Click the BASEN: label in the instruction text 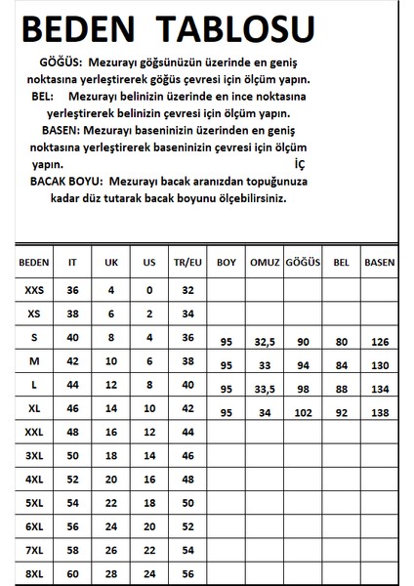pos(64,130)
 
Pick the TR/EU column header pos(188,263)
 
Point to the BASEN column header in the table pos(379,263)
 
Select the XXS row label pos(34,290)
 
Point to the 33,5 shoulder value pos(262,390)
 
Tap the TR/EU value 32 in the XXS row pos(188,290)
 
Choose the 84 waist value pos(340,366)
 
